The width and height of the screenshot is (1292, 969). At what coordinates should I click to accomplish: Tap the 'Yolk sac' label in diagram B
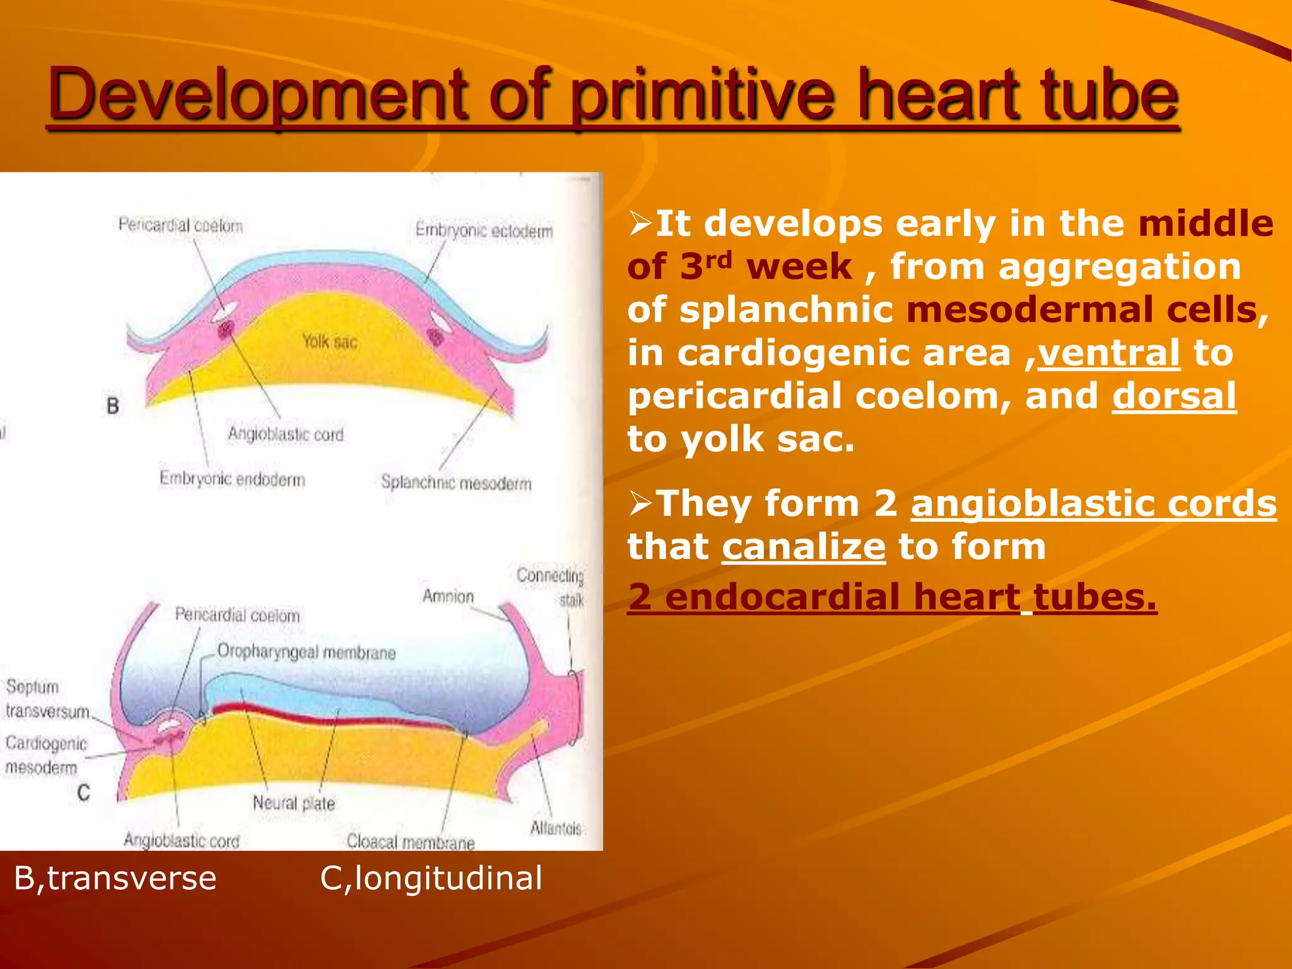(x=329, y=341)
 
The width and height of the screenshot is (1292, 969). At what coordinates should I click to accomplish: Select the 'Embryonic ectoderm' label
(x=484, y=231)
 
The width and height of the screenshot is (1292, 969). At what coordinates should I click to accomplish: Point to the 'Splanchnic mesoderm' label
(x=456, y=483)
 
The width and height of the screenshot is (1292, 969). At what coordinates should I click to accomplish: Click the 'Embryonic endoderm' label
(x=232, y=479)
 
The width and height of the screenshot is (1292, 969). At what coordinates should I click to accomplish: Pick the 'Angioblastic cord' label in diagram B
(x=286, y=434)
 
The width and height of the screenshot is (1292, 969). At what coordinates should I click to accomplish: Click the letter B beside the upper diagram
(x=113, y=406)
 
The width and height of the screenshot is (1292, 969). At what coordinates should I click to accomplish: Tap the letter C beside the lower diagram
(x=83, y=792)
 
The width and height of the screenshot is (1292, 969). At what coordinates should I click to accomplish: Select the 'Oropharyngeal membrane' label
(x=306, y=652)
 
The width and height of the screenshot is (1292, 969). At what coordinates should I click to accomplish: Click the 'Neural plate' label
(x=293, y=803)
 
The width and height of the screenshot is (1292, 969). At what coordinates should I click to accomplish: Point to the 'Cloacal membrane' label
(x=410, y=842)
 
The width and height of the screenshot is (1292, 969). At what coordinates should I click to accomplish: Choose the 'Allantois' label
(x=555, y=828)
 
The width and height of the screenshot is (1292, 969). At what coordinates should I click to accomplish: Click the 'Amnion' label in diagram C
(x=448, y=596)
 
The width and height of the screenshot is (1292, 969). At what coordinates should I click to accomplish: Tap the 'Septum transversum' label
(x=47, y=699)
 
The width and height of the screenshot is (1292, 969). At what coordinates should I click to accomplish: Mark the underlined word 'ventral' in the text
(x=1108, y=353)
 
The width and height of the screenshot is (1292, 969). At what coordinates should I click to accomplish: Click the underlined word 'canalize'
(x=804, y=546)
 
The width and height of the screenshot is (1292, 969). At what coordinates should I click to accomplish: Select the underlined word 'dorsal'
(x=1173, y=396)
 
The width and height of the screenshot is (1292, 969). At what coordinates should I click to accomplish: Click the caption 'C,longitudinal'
(x=431, y=878)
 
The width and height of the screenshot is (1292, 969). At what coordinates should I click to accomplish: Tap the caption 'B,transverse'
(x=115, y=878)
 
